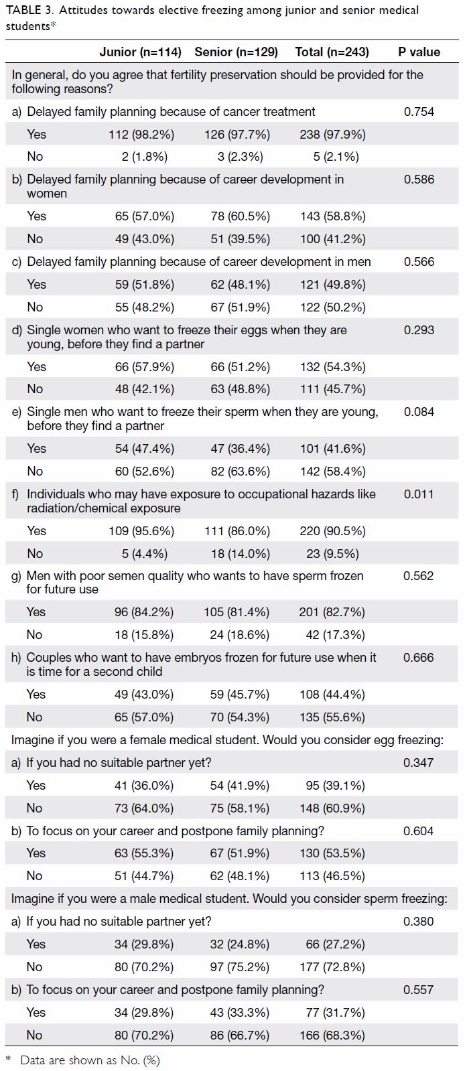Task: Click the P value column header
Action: [x=419, y=52]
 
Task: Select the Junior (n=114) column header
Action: [x=140, y=52]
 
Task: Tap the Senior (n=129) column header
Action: [x=236, y=52]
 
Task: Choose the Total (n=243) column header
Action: [x=332, y=52]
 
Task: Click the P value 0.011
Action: [x=419, y=494]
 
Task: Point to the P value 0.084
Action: [x=419, y=412]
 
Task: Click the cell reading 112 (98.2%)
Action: [x=141, y=135]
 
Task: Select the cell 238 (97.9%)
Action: [x=332, y=135]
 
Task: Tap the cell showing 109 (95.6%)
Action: [x=141, y=531]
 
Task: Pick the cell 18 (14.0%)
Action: [x=240, y=554]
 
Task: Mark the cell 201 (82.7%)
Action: [x=332, y=612]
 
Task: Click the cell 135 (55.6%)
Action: [x=332, y=717]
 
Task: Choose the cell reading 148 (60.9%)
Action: [x=332, y=808]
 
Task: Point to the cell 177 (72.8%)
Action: [x=332, y=967]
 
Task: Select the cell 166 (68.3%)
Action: [x=332, y=1035]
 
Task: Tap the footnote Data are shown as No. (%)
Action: [x=90, y=1060]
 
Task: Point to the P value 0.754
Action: [x=419, y=111]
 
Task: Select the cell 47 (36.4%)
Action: [x=240, y=449]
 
